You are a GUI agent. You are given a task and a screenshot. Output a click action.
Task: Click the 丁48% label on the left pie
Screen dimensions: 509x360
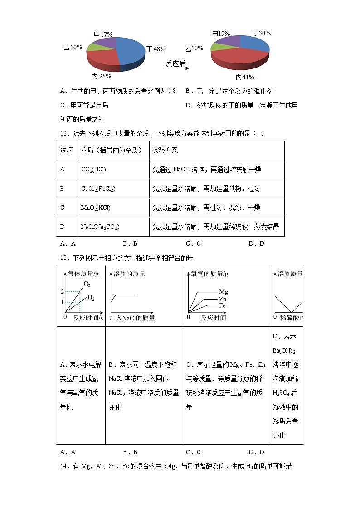156,49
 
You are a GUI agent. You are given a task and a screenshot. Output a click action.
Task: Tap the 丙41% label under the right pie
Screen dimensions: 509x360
244,77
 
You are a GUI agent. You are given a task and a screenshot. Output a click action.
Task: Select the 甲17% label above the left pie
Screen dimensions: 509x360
103,34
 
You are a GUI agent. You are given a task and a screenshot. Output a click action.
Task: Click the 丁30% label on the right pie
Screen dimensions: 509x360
262,33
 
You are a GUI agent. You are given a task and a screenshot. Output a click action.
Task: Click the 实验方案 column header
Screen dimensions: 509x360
165,150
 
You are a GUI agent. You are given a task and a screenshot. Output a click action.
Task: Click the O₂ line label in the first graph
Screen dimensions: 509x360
87,285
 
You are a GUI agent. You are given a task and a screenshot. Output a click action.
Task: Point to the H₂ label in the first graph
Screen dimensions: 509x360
91,298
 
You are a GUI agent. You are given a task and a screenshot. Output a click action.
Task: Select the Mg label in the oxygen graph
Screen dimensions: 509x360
223,291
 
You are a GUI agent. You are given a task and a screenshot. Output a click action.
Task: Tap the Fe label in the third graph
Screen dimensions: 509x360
222,306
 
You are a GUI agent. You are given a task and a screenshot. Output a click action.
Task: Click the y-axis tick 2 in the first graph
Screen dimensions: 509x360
63,291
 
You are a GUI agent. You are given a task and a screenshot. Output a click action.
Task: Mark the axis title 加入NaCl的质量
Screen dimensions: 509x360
132,318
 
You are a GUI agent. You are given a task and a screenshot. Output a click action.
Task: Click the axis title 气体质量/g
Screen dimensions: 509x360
83,274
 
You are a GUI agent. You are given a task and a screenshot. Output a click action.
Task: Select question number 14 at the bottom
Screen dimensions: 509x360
64,465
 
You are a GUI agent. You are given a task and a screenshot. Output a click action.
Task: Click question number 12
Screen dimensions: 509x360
64,133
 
